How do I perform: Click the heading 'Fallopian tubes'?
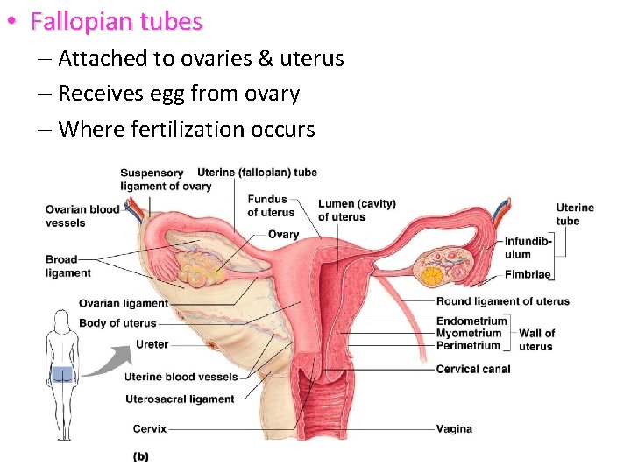tap(116, 22)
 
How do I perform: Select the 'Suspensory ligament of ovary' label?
tap(166, 179)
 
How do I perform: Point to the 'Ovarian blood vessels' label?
tap(82, 215)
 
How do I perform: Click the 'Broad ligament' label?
tap(68, 266)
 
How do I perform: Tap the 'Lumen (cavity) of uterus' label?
tap(357, 210)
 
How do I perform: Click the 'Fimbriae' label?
tap(528, 274)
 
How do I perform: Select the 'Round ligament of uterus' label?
tap(502, 301)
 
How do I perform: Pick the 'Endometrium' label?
tap(471, 321)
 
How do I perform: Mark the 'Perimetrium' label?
tap(468, 345)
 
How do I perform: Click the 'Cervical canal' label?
tap(472, 369)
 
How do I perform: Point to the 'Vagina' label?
tap(454, 429)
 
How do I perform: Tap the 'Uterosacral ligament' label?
tap(179, 399)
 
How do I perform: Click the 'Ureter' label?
tap(152, 344)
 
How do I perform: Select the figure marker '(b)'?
tap(140, 455)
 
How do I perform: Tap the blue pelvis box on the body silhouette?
tap(61, 375)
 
